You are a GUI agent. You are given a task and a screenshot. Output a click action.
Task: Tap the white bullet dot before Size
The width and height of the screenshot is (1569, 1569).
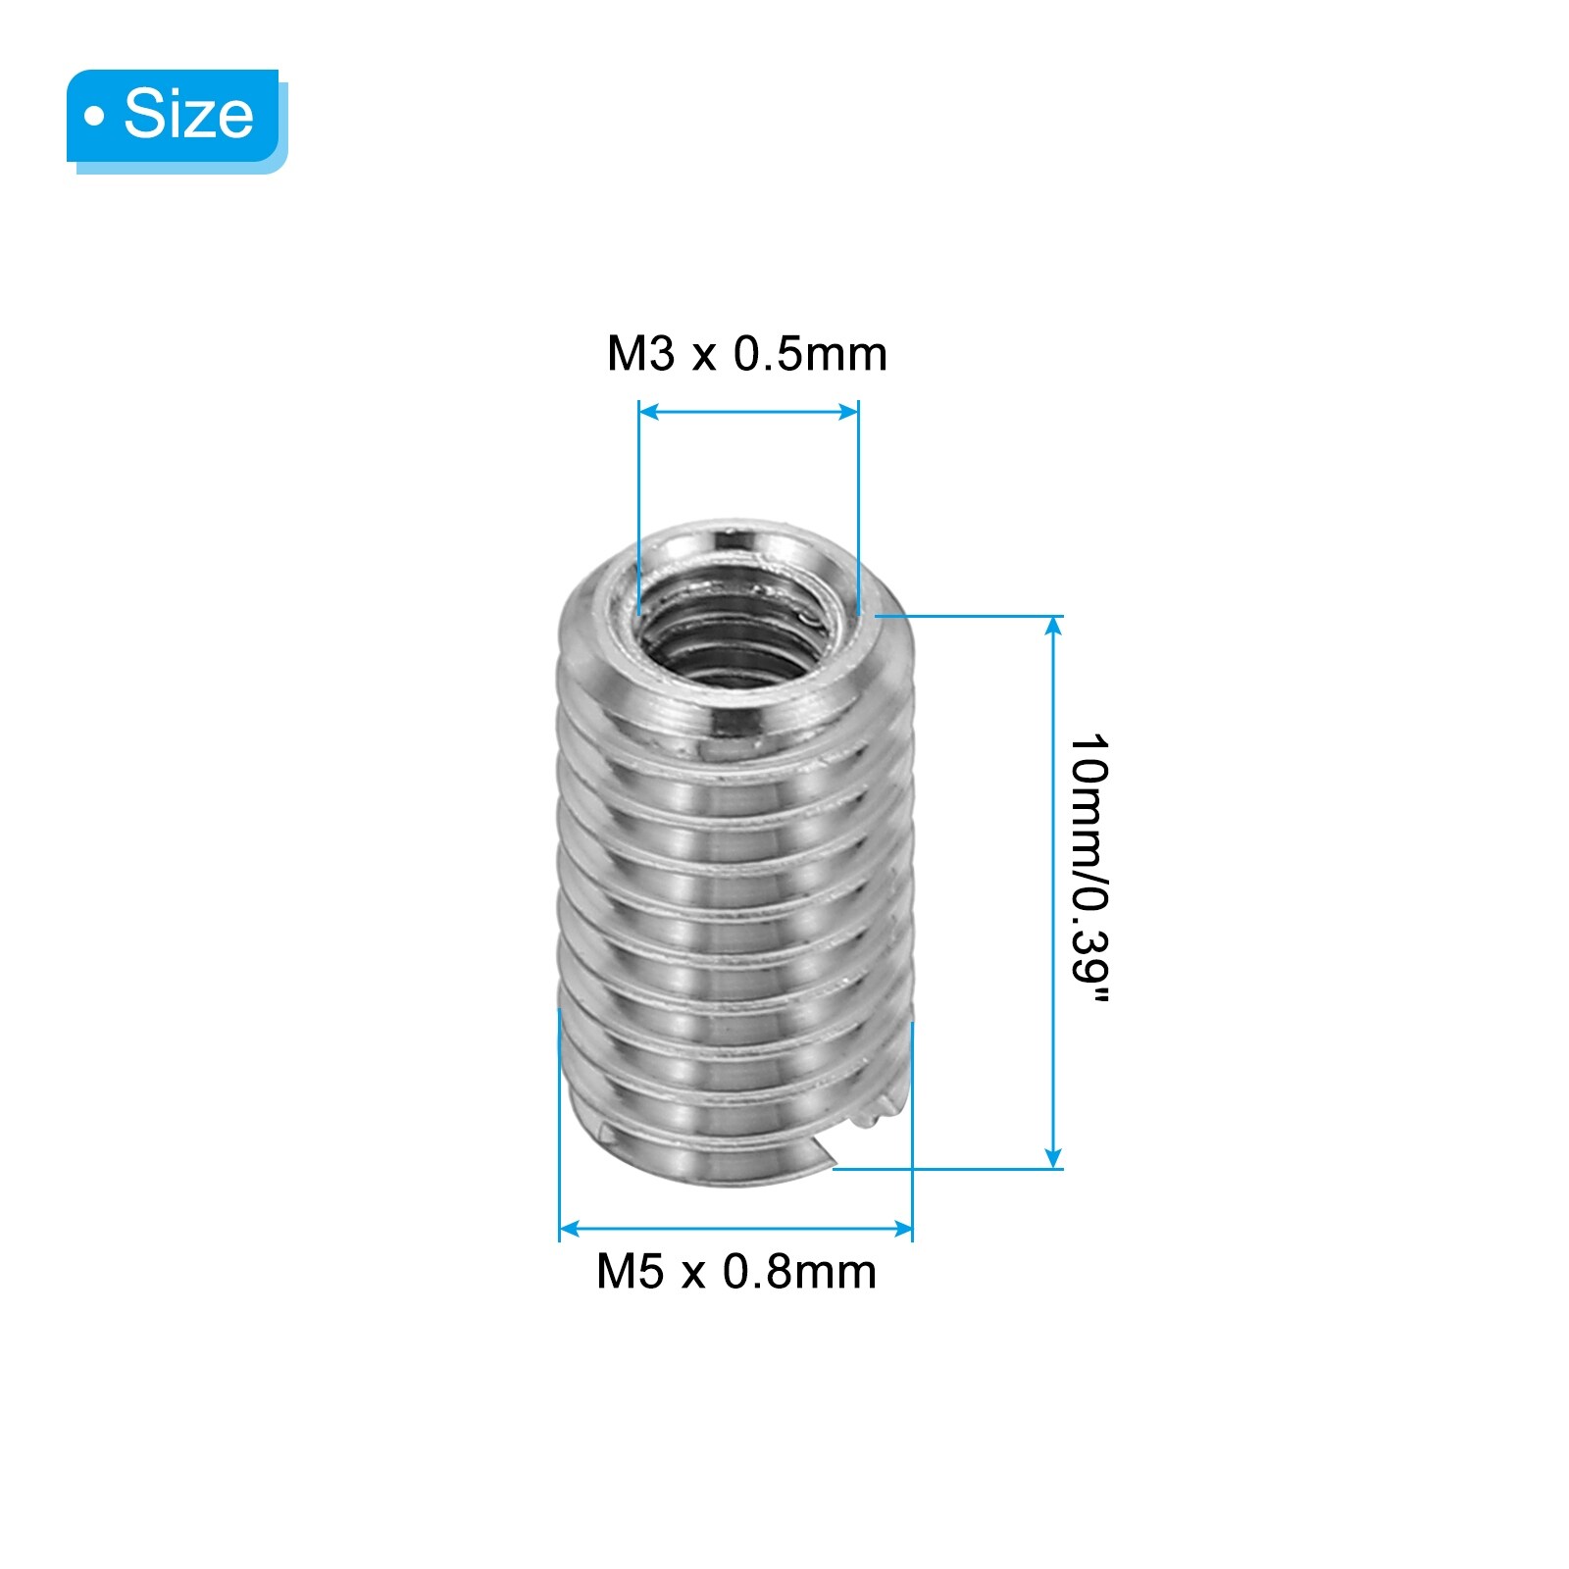pyautogui.click(x=94, y=117)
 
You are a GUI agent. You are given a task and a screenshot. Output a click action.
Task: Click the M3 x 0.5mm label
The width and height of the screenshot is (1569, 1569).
pyautogui.click(x=747, y=354)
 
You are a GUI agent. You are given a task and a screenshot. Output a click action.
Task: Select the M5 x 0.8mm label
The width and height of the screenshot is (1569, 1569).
pyautogui.click(x=736, y=1272)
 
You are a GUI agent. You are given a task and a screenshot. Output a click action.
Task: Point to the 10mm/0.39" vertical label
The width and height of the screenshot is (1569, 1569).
pyautogui.click(x=1089, y=868)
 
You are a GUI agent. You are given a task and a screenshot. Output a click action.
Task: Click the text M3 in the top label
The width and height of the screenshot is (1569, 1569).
pyautogui.click(x=641, y=354)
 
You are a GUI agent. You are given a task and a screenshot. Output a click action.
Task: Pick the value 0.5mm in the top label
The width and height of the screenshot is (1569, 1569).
pyautogui.click(x=811, y=354)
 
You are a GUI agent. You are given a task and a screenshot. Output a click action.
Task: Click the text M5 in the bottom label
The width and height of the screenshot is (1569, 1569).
pyautogui.click(x=631, y=1272)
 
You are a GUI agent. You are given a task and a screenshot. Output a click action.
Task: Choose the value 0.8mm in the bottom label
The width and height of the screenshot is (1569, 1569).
pyautogui.click(x=800, y=1272)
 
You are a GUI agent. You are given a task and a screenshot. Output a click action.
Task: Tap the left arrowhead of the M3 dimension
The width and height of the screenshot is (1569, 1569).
pyautogui.click(x=648, y=413)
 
